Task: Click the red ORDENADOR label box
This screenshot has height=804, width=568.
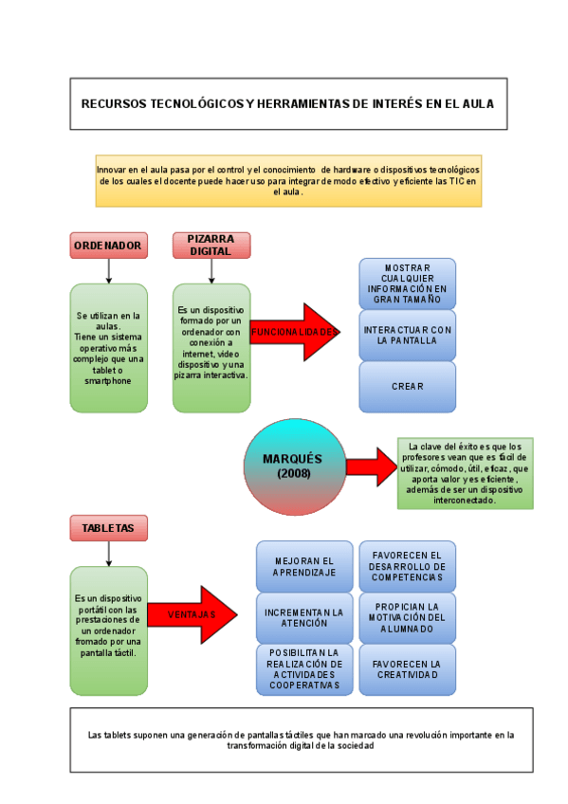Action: pos(108,246)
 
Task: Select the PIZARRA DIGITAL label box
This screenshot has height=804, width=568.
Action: pos(211,246)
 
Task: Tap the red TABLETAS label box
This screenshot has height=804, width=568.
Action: pos(108,528)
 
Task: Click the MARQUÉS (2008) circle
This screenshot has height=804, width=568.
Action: pos(292,466)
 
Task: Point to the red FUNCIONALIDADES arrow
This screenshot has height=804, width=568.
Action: pos(294,333)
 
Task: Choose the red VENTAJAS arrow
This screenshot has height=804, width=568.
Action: pos(192,614)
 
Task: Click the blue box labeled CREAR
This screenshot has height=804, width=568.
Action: pos(407,387)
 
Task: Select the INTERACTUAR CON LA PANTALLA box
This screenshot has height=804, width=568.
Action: pos(407,335)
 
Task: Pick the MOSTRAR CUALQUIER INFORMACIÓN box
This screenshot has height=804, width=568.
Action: pos(407,283)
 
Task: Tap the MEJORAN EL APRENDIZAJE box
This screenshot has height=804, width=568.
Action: pos(304,566)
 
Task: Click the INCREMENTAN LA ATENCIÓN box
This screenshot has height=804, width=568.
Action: pos(304,618)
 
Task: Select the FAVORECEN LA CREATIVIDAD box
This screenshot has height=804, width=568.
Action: pos(407,669)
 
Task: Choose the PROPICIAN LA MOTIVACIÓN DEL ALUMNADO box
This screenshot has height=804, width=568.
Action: pos(407,618)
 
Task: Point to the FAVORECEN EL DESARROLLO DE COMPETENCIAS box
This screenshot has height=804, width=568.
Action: pos(407,566)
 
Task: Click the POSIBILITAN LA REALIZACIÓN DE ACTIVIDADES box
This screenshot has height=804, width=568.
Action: pos(304,669)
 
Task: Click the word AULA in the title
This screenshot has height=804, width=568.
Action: pos(477,104)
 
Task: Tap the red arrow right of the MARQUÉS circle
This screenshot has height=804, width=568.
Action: pos(371,466)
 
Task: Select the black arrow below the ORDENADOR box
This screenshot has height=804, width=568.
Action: pos(109,271)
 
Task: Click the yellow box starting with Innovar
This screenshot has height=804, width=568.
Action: pos(288,180)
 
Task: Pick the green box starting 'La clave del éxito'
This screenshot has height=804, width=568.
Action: pos(465,473)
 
